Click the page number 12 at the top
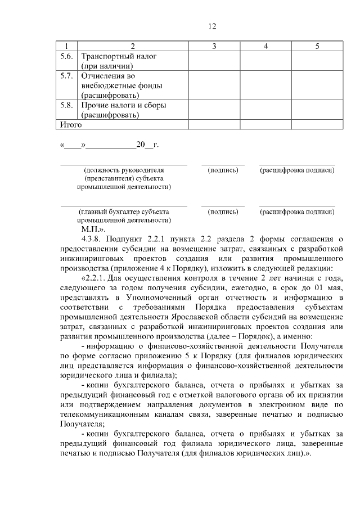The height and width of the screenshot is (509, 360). (x=212, y=26)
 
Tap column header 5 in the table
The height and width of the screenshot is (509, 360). (x=317, y=46)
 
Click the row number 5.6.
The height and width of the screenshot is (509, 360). (x=67, y=56)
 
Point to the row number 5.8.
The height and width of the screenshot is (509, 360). (x=67, y=105)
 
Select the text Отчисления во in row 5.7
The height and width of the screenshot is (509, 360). (x=109, y=75)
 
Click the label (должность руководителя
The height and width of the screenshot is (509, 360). (x=124, y=169)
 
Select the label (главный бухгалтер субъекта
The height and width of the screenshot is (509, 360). (x=124, y=211)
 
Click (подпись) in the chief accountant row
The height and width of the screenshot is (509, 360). (x=223, y=211)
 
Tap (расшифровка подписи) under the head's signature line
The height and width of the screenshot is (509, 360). (x=297, y=169)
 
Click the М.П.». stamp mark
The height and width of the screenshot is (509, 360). (x=93, y=229)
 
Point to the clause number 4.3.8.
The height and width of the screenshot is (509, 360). (x=92, y=239)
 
